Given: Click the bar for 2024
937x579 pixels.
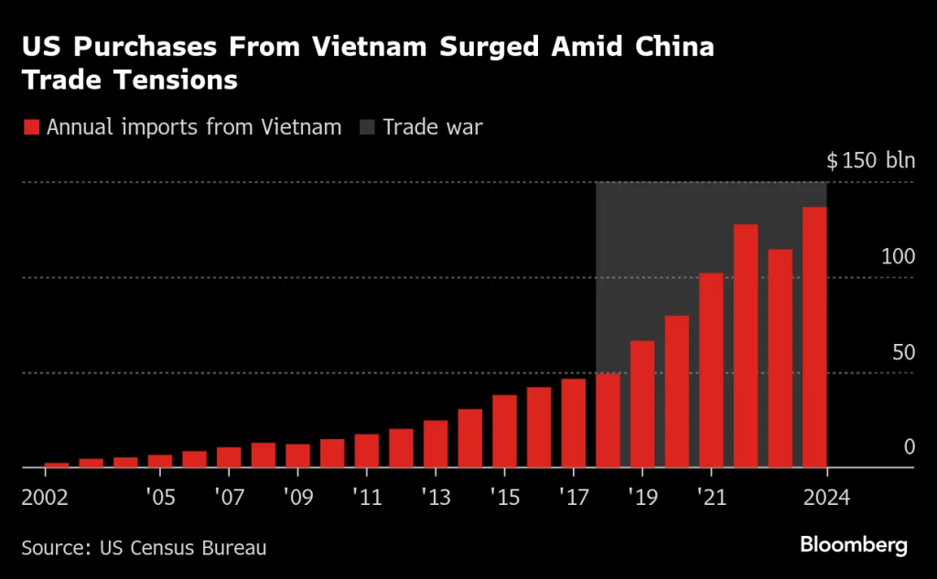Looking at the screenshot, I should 814,338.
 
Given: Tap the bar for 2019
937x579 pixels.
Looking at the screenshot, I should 642,404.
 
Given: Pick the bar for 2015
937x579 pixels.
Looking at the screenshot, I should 504,431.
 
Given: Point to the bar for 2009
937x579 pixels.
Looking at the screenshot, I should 297,456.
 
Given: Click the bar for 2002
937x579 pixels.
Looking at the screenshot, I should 57,465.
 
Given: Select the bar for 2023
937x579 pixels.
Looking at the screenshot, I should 780,359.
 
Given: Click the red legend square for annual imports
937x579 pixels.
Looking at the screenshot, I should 31,127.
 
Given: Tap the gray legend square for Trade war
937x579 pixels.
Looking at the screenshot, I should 367,127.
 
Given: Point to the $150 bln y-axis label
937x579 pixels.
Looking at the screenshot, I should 869,161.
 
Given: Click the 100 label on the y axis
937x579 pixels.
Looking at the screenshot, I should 898,256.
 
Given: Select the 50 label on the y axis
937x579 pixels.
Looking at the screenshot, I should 903,352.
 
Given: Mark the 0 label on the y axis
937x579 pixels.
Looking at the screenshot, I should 909,447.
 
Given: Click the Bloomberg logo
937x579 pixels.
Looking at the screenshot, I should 853,546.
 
